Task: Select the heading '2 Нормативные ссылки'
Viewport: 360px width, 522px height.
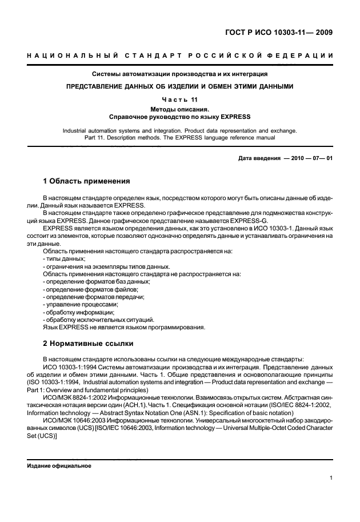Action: [x=89, y=344]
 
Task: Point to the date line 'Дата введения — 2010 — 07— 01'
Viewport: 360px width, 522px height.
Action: [x=285, y=158]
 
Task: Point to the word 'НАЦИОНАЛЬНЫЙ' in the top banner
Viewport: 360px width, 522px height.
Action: [x=72, y=55]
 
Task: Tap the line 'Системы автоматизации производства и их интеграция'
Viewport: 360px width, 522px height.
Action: [x=180, y=74]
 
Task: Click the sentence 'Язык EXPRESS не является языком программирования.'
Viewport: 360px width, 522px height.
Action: [x=124, y=327]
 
